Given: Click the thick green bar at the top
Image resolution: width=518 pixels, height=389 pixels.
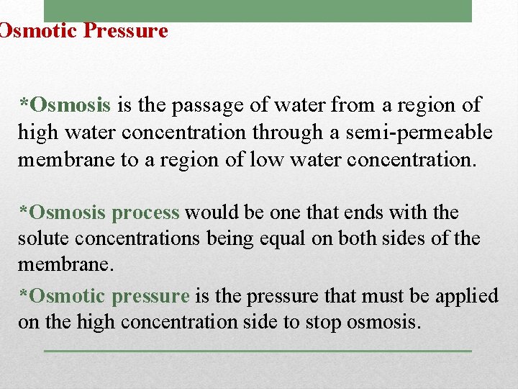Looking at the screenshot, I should (258, 11).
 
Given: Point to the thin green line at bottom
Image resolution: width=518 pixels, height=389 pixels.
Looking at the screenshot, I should (258, 351).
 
